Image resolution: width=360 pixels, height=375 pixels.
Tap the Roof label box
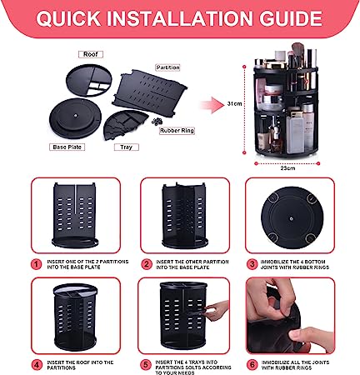[x=90, y=53]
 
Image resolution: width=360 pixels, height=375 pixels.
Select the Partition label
[x=167, y=67]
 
